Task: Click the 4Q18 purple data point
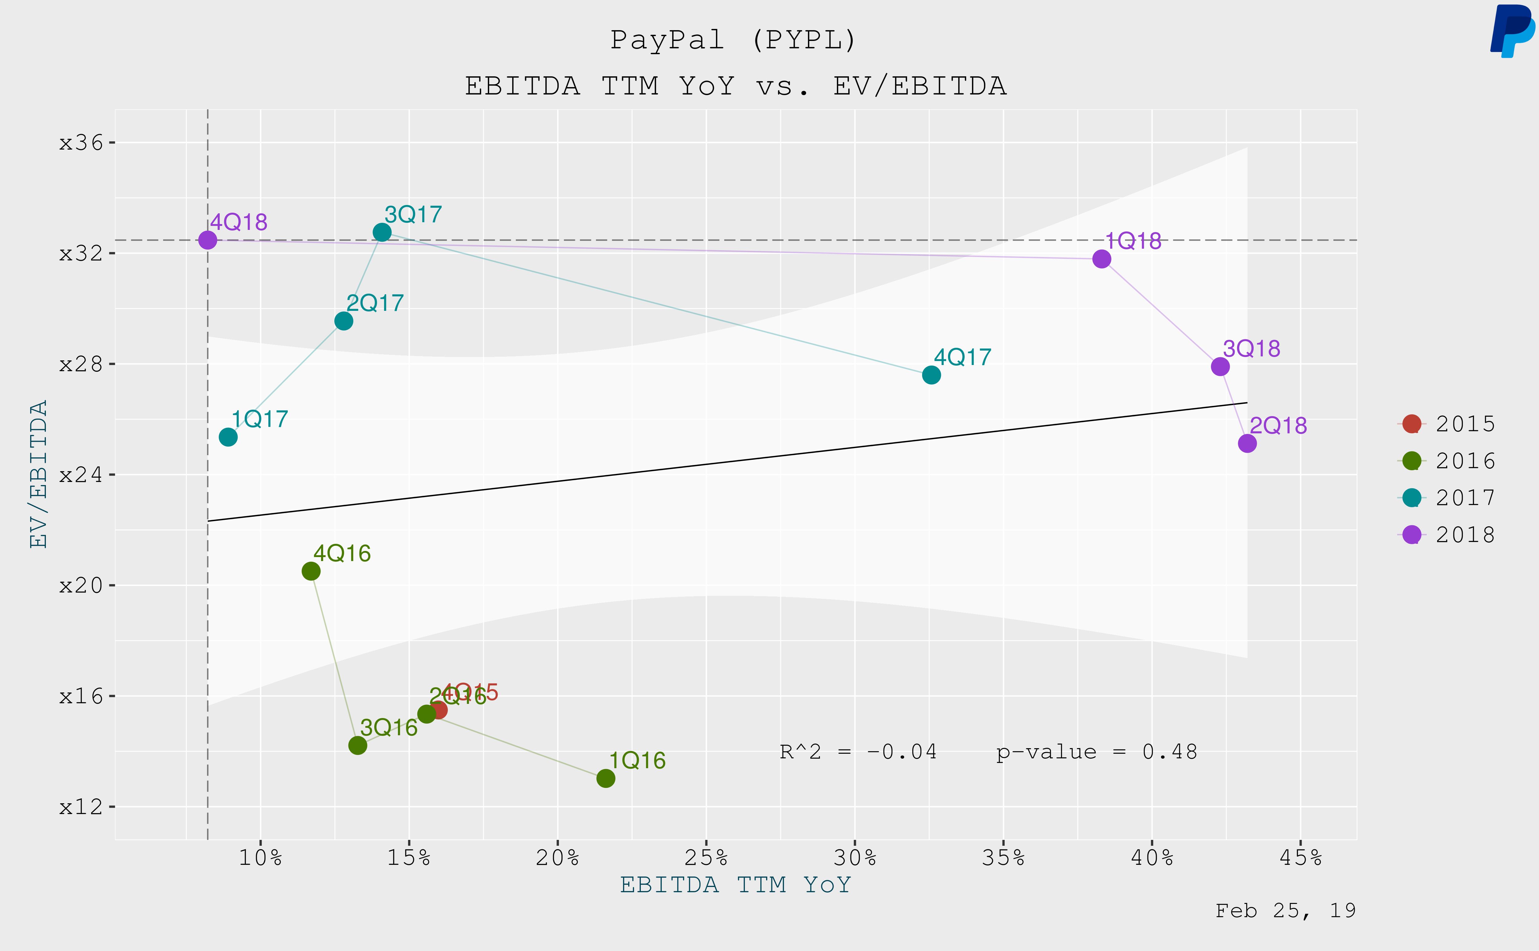click(207, 240)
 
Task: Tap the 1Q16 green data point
click(606, 779)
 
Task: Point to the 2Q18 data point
click(1247, 443)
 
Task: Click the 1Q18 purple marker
click(1101, 259)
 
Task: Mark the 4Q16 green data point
click(311, 571)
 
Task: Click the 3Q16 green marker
click(357, 745)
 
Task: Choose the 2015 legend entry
click(1447, 424)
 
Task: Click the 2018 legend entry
click(1447, 535)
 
